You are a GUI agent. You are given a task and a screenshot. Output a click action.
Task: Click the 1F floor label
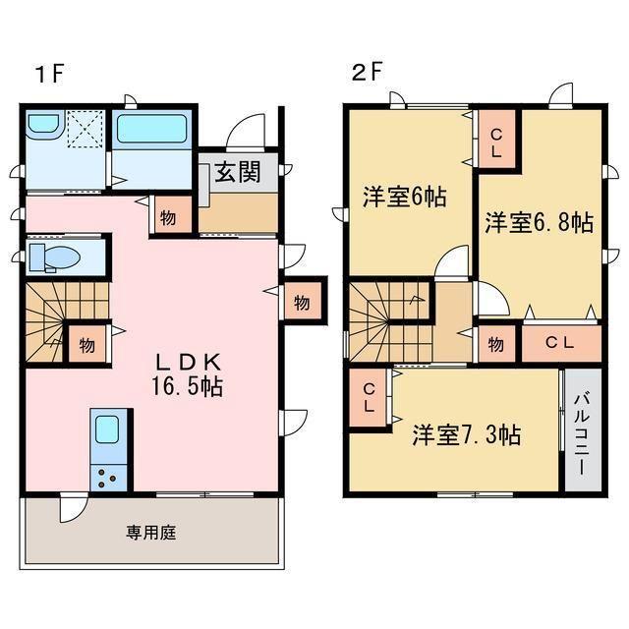[50, 73]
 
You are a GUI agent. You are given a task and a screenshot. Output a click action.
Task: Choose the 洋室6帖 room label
[404, 196]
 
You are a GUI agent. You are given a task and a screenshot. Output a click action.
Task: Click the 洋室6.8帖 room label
[538, 222]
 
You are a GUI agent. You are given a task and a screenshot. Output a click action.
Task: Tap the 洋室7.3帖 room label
[466, 433]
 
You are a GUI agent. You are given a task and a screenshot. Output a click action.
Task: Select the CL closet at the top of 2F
[496, 143]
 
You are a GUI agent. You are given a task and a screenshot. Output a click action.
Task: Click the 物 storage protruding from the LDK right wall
[301, 303]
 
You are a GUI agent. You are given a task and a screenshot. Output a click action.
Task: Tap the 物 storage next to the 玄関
[168, 217]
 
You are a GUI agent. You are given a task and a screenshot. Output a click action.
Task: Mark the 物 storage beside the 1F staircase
[87, 344]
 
